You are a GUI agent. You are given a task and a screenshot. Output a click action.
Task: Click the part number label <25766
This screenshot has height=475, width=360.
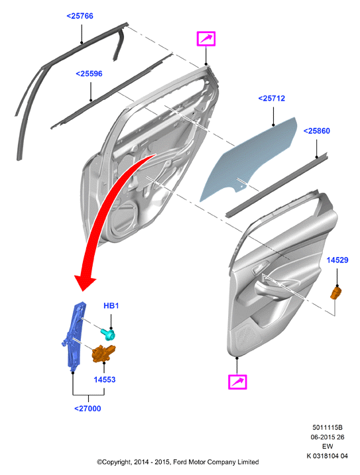point(80,16)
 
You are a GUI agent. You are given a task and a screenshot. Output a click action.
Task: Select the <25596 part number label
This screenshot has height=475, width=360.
point(89,74)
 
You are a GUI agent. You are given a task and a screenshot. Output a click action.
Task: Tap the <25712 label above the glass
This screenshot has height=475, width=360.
point(272,99)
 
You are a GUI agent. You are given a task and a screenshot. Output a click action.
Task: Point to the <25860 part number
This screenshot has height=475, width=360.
point(317,131)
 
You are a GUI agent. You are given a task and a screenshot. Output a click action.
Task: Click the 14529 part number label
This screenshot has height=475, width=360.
point(337,260)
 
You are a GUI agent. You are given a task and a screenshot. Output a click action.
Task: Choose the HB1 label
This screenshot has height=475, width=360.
point(111,305)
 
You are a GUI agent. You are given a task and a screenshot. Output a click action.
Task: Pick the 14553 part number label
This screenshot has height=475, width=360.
point(105,380)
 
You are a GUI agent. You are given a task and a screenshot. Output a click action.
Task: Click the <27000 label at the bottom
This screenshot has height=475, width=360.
point(88,408)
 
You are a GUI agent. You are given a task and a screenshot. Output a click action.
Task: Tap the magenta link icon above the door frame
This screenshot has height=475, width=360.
point(206,39)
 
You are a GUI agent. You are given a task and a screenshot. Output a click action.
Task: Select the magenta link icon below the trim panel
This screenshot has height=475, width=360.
point(237,382)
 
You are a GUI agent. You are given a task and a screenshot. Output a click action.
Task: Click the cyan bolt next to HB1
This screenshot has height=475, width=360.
point(108,334)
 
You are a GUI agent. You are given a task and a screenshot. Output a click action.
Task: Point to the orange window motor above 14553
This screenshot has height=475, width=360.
point(103,354)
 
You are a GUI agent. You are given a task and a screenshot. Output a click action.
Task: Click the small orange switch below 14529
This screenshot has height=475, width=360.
point(335,293)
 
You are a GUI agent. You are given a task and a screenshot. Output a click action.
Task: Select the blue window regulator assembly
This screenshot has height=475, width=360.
point(74,337)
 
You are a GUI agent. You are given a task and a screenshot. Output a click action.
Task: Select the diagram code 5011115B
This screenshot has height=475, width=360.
point(328,427)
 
